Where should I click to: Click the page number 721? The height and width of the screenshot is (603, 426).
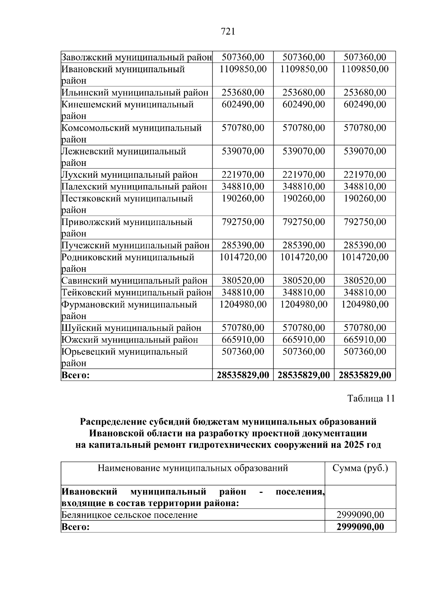[228, 32]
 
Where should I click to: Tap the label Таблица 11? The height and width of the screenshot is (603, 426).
[371, 398]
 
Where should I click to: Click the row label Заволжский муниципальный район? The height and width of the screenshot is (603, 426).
[137, 57]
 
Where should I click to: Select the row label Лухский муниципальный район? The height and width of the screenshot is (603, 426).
[130, 175]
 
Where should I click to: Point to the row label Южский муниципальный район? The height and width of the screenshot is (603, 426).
[130, 340]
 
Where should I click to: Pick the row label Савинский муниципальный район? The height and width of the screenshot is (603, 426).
[134, 281]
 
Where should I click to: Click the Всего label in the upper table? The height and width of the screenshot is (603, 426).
[76, 375]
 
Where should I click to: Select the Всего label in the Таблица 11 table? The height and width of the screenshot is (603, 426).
[76, 527]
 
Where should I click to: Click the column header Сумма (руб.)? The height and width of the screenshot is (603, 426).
[360, 468]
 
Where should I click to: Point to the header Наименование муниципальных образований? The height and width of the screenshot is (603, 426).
[193, 468]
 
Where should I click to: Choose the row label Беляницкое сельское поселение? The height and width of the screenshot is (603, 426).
[129, 515]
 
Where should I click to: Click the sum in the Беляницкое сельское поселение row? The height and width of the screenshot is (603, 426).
[360, 515]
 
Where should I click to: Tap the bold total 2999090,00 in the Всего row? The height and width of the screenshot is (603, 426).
[360, 527]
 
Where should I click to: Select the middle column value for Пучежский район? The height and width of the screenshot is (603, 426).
[304, 246]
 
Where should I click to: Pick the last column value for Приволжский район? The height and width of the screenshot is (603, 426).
[365, 222]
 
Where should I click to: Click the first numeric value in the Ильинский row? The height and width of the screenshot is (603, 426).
[243, 93]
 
